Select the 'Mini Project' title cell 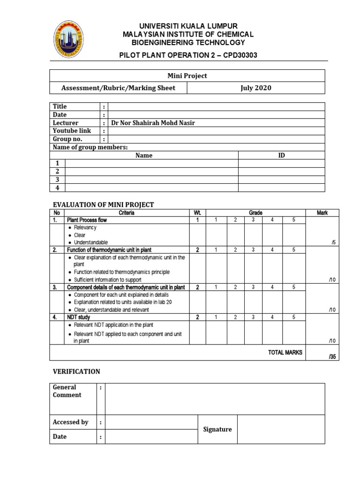point(187,75)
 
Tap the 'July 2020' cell point(255,88)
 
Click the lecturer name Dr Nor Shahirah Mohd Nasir point(153,123)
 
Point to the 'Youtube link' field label point(72,131)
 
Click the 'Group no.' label point(67,139)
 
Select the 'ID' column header point(281,155)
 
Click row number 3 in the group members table point(57,179)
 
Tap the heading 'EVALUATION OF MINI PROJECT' point(103,204)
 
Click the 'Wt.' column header point(197,213)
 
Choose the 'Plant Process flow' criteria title point(87,220)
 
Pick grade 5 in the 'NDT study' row point(293,317)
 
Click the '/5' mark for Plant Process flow point(333,242)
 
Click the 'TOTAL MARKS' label point(285,352)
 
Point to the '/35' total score point(332,357)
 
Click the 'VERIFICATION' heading point(76,371)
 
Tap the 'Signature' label point(217,429)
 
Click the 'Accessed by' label point(70,422)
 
